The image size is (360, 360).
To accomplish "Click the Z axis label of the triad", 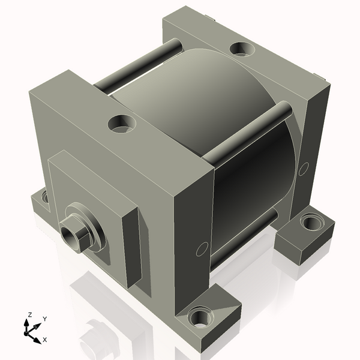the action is (29, 314).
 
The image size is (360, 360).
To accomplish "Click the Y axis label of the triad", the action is (45, 319).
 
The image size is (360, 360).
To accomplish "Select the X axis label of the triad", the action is (45, 340).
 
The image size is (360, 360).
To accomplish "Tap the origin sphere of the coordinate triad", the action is (26, 333).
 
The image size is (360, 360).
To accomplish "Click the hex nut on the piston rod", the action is (74, 233).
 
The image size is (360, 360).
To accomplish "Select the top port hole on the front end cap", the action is (122, 124).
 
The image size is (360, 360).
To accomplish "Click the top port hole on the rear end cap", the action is (242, 49).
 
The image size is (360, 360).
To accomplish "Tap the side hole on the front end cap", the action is (202, 249).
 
